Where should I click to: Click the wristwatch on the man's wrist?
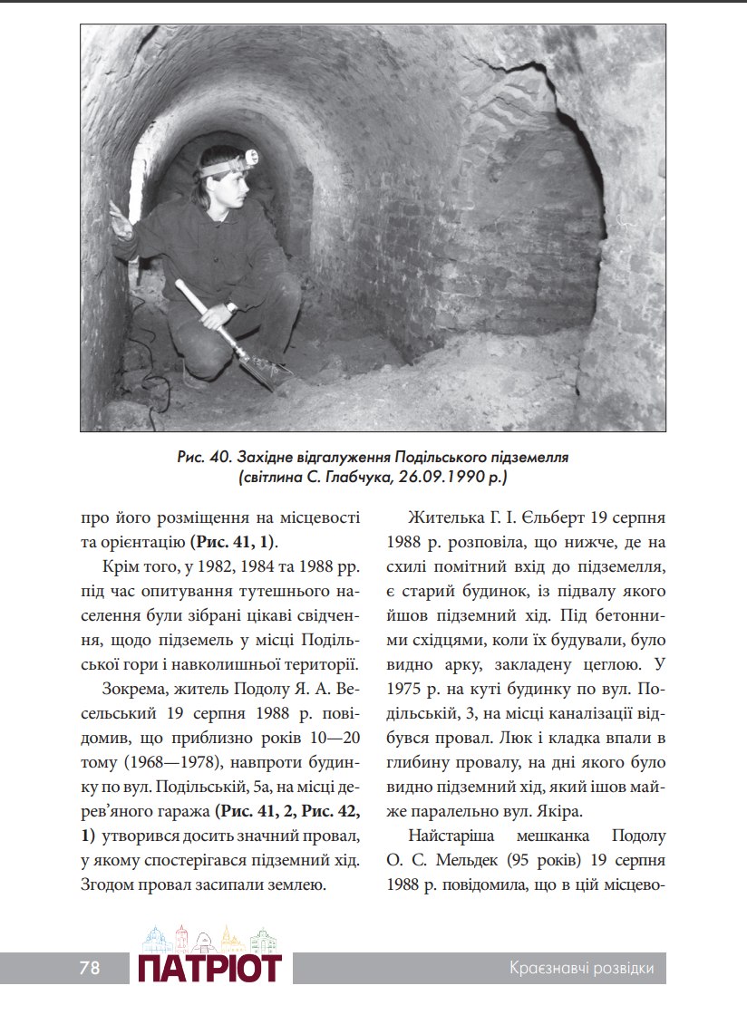click(232, 307)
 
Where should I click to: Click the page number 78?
click(89, 968)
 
